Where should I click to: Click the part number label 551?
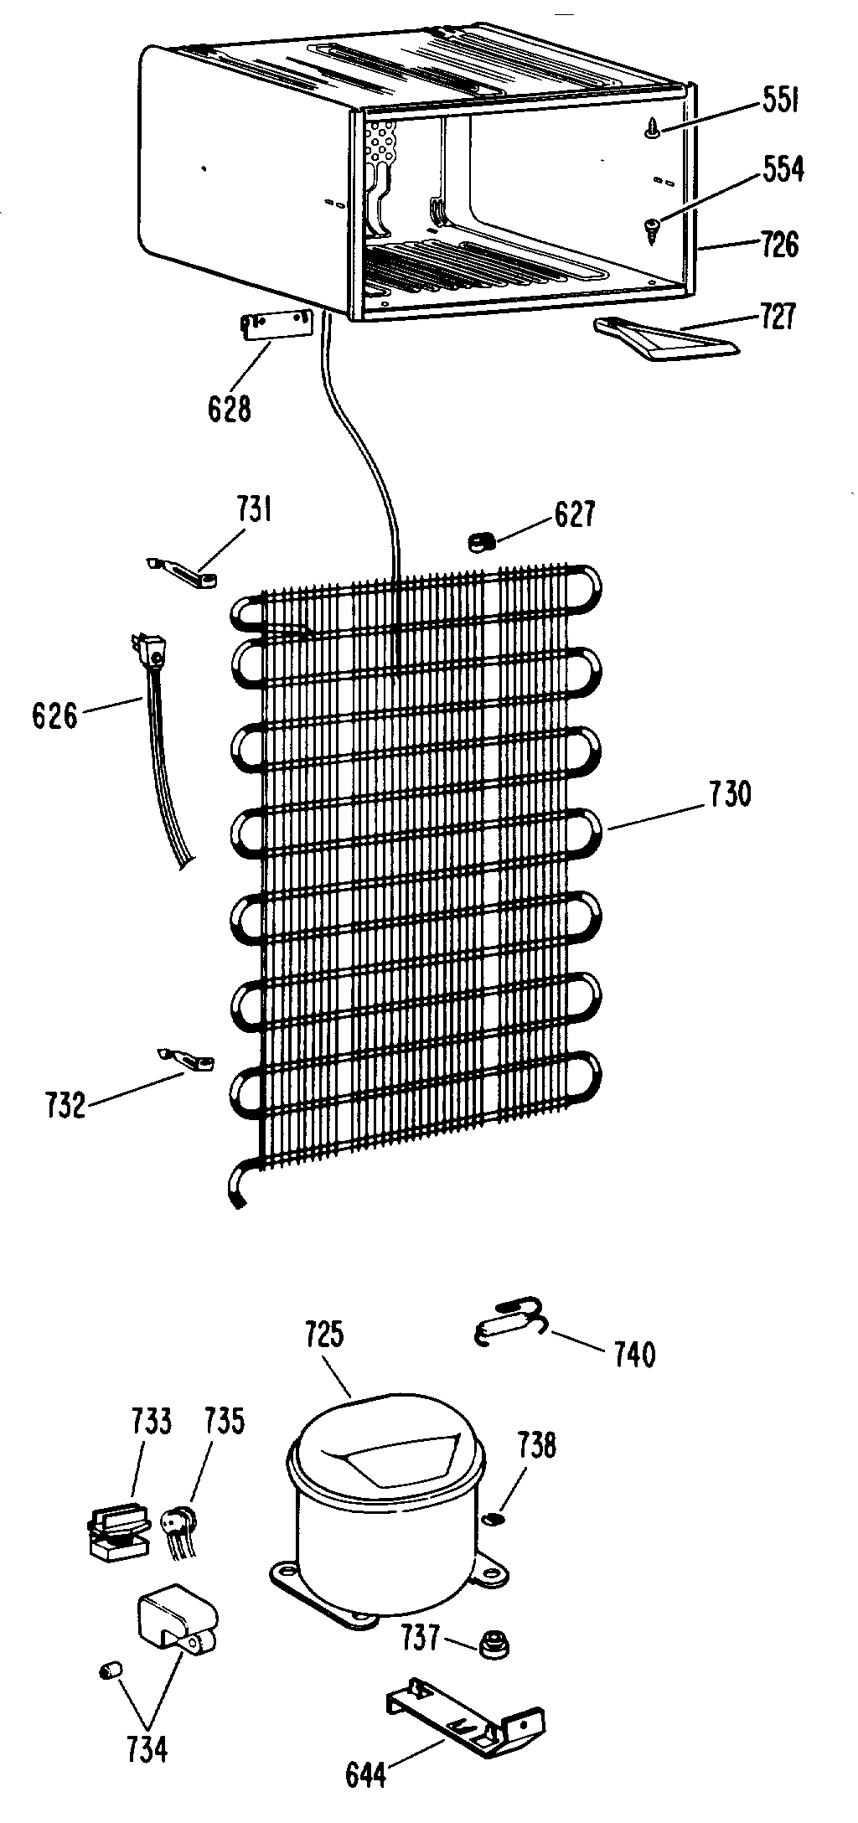(x=780, y=104)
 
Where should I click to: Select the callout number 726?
(x=778, y=245)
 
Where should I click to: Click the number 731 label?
(x=253, y=510)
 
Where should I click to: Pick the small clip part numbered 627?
(x=479, y=544)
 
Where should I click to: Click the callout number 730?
(x=730, y=794)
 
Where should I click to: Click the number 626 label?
(x=54, y=717)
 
